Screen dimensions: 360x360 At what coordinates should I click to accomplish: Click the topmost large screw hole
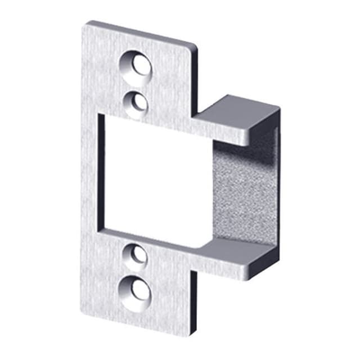(x=137, y=66)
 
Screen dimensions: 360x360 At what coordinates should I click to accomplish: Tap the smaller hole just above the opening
(x=136, y=102)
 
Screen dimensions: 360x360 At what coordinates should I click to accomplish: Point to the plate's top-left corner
(x=89, y=24)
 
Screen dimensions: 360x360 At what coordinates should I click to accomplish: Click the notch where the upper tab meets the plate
(x=196, y=115)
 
